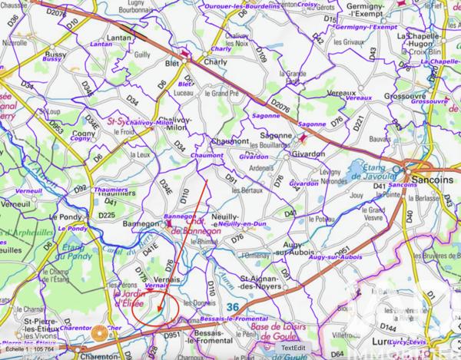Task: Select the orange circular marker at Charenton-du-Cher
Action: (x=98, y=333)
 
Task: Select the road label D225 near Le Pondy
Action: (x=107, y=216)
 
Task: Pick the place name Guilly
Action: (x=142, y=54)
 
